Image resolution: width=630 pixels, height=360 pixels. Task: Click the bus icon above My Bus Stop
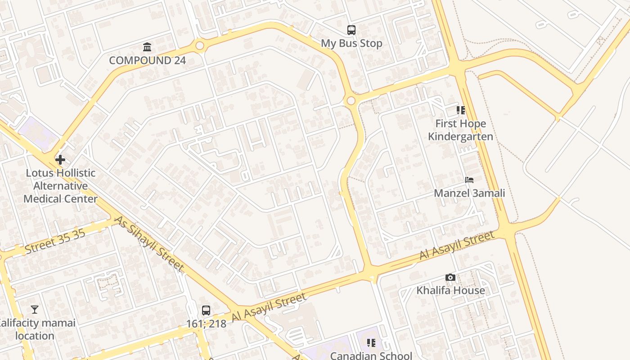pyautogui.click(x=351, y=30)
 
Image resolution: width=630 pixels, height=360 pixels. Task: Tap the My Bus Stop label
pyautogui.click(x=351, y=44)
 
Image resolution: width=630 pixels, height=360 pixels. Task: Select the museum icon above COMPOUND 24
pyautogui.click(x=147, y=47)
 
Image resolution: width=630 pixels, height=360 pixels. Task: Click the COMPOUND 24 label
pyautogui.click(x=147, y=60)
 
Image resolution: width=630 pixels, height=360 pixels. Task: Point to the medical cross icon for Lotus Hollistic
pyautogui.click(x=60, y=159)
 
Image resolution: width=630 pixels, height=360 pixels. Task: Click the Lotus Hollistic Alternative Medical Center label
pyautogui.click(x=60, y=186)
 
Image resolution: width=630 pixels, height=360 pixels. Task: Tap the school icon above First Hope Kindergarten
pyautogui.click(x=460, y=110)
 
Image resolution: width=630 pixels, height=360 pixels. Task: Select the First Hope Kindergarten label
pyautogui.click(x=460, y=130)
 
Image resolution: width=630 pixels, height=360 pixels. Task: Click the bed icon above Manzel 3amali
pyautogui.click(x=469, y=180)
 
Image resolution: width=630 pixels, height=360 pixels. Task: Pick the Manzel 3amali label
pyautogui.click(x=469, y=193)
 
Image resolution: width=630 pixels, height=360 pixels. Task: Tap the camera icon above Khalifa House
pyautogui.click(x=450, y=277)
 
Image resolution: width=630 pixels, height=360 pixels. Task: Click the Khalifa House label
pyautogui.click(x=450, y=291)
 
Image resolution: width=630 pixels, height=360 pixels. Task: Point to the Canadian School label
pyautogui.click(x=371, y=355)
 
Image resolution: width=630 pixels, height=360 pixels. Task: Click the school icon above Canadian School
pyautogui.click(x=371, y=343)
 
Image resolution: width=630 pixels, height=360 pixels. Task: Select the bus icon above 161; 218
pyautogui.click(x=206, y=310)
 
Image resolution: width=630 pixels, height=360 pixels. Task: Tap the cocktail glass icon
pyautogui.click(x=35, y=309)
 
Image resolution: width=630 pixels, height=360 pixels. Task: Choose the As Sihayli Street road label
pyautogui.click(x=149, y=244)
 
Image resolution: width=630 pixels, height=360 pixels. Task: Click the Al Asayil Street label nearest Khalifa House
pyautogui.click(x=456, y=245)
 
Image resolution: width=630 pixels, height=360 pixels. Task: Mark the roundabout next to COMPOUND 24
pyautogui.click(x=199, y=45)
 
